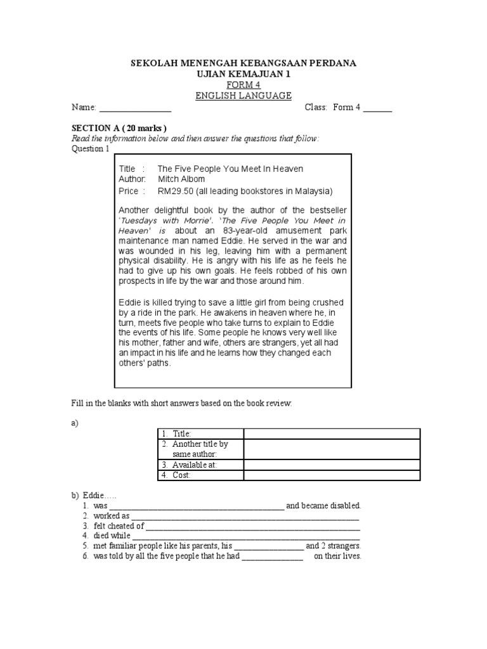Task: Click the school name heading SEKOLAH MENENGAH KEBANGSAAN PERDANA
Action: [243, 63]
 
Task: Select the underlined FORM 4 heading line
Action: [243, 85]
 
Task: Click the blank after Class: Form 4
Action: [377, 108]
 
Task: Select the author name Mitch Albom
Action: [181, 179]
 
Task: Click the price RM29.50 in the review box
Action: [175, 191]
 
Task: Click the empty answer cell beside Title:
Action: [332, 434]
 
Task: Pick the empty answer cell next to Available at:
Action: [332, 465]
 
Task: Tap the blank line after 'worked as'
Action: [245, 517]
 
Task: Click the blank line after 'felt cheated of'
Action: [253, 527]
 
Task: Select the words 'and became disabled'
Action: [323, 506]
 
